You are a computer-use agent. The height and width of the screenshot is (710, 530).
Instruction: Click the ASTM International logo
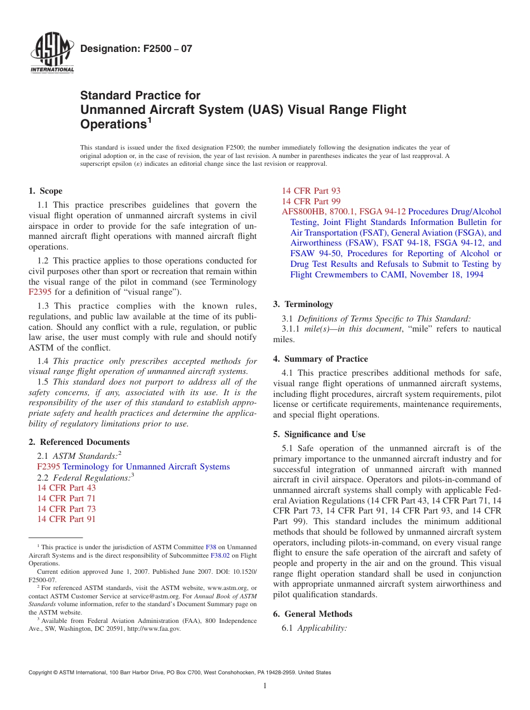[52, 54]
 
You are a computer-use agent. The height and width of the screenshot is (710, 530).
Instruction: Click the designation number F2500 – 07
[136, 49]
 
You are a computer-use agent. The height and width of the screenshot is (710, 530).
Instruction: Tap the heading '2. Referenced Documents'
[79, 442]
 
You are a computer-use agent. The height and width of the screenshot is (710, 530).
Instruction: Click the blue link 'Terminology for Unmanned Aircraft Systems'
[146, 467]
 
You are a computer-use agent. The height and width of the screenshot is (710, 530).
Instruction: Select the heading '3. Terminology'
[303, 304]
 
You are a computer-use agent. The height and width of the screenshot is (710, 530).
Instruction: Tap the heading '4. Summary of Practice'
[320, 359]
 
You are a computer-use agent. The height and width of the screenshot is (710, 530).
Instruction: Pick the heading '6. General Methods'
[312, 614]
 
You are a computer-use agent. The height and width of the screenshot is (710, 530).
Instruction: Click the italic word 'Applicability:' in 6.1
[322, 628]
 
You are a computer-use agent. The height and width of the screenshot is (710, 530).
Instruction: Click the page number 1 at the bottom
[265, 686]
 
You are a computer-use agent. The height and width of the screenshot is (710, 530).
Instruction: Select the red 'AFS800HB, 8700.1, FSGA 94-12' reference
[344, 212]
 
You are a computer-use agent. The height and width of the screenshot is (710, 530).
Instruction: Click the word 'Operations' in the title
[113, 124]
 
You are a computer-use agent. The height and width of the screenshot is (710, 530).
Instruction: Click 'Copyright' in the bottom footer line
[41, 673]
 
